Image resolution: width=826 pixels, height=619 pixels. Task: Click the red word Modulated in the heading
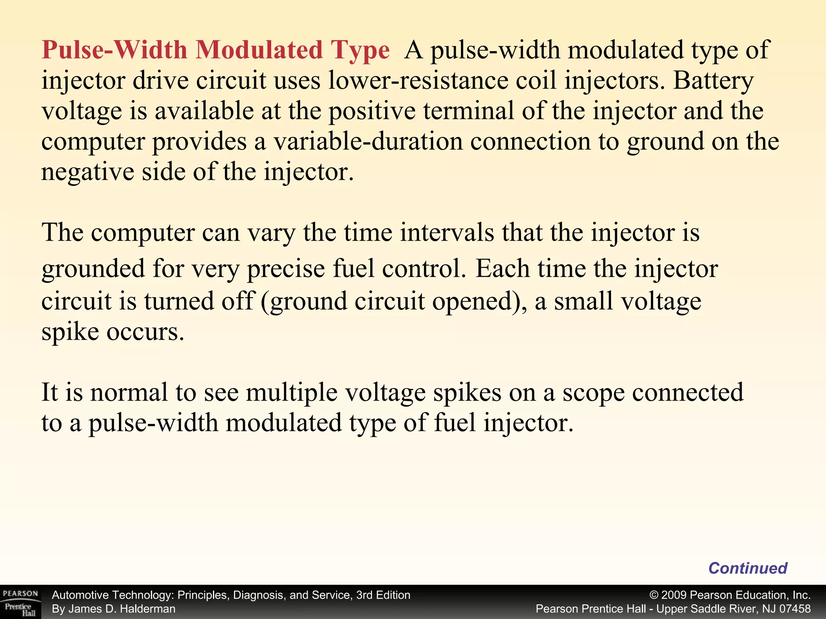pos(259,50)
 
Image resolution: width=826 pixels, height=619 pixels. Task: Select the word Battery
pos(713,81)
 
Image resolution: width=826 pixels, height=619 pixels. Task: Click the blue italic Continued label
pos(748,568)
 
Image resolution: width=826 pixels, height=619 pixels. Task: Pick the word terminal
pos(468,111)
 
